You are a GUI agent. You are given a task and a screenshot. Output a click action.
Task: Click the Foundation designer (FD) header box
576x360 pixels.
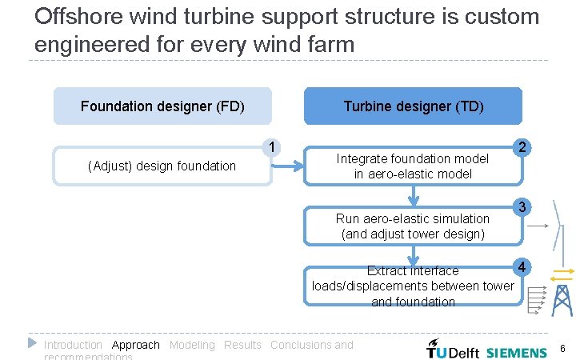coord(162,106)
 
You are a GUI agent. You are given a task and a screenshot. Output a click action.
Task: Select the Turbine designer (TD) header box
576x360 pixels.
coord(413,106)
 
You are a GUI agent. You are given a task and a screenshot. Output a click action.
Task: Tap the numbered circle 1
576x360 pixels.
coord(273,147)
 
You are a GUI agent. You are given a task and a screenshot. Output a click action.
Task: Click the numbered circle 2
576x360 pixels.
coord(522,147)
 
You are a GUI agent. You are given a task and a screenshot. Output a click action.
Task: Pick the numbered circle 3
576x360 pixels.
coord(522,207)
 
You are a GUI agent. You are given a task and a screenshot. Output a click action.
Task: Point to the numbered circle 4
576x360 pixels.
coord(522,266)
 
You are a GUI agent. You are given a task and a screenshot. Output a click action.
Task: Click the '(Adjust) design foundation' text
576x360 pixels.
coord(162,166)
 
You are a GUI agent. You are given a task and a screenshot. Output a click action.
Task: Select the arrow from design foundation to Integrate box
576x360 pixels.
coord(288,166)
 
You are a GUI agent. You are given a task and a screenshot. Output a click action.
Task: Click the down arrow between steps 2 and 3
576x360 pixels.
coord(413,194)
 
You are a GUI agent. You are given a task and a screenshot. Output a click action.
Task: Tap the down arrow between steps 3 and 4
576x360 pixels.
coord(413,254)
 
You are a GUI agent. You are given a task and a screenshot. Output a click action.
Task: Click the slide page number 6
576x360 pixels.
coord(563,349)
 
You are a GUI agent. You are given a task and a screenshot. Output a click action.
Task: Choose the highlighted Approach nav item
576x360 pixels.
coord(136,345)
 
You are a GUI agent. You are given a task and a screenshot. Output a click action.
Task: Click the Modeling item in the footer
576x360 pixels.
coord(192,345)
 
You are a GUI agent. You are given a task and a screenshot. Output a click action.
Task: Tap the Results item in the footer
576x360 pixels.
coord(242,345)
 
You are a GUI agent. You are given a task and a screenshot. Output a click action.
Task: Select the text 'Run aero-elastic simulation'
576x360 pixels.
coord(413,218)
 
